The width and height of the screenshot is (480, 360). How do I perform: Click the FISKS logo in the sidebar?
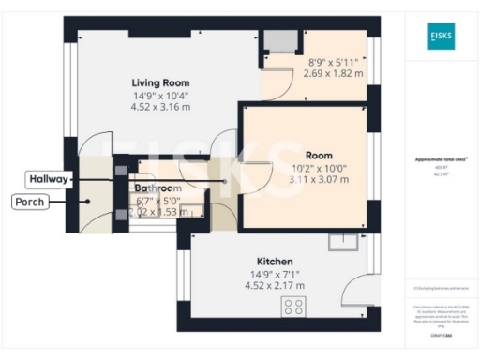click(x=441, y=36)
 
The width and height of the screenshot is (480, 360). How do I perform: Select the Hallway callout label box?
click(x=46, y=178)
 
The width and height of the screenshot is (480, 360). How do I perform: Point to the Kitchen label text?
click(x=277, y=261)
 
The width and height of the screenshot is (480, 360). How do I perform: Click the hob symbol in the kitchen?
click(x=294, y=307)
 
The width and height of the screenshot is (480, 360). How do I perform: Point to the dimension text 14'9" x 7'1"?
click(x=277, y=274)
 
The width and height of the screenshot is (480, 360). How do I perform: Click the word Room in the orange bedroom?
click(x=319, y=154)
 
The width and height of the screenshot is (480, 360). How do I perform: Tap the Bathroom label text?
click(x=157, y=187)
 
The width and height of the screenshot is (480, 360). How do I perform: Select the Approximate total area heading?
click(x=440, y=159)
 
